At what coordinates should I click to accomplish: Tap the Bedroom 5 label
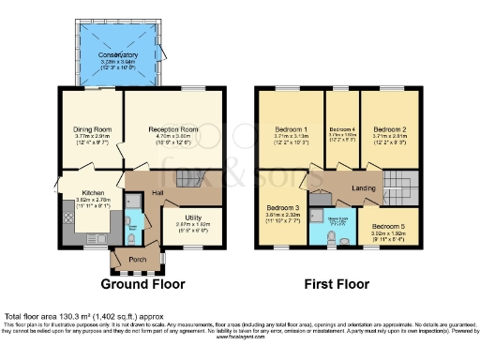pyautogui.click(x=388, y=227)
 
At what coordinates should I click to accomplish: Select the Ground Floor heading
pyautogui.click(x=142, y=283)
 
